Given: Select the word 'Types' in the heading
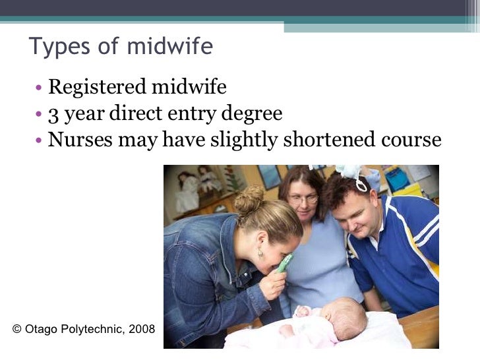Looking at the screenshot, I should (54, 47).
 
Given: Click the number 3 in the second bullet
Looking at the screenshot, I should (53, 115).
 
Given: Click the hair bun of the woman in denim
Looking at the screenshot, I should (249, 200).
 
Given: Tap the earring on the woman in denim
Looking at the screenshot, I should (260, 254).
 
